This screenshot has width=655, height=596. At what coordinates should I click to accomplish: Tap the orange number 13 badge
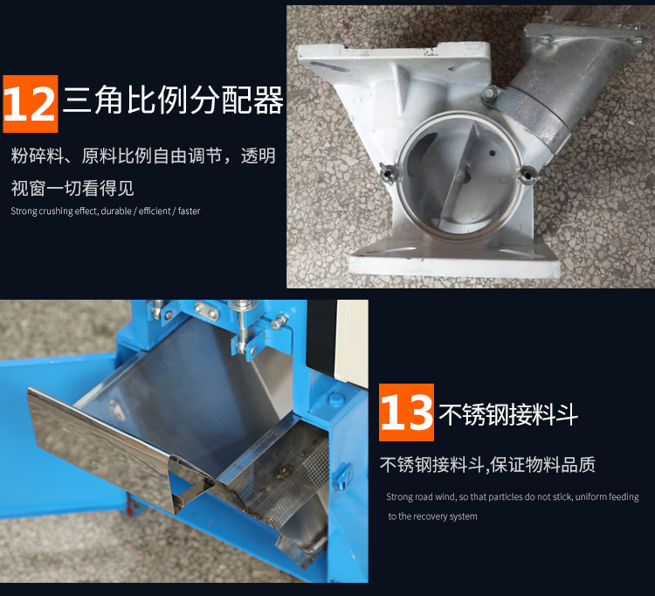click(406, 413)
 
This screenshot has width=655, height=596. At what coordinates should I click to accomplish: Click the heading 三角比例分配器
click(173, 102)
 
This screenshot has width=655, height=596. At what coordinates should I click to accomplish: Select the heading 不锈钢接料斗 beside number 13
click(508, 413)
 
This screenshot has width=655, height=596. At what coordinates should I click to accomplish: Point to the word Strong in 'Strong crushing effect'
click(24, 211)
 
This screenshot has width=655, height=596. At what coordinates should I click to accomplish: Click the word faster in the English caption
click(189, 211)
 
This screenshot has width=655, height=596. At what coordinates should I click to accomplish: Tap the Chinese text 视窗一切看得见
click(72, 187)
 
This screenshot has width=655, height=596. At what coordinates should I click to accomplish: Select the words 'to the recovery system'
click(432, 516)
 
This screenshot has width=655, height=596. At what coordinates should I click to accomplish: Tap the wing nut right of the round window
click(526, 179)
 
